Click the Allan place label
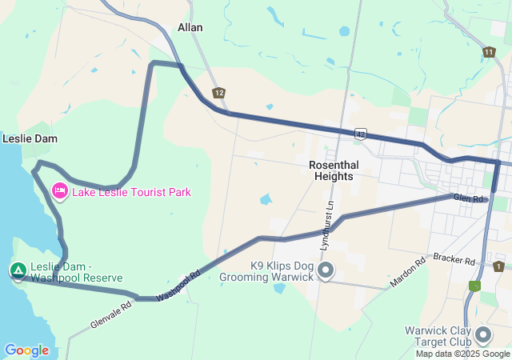[x=190, y=27]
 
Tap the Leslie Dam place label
[x=30, y=138]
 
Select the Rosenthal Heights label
[x=334, y=170]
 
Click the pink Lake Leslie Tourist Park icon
[x=59, y=191]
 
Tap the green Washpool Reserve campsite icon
[x=18, y=270]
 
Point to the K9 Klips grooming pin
[x=325, y=271]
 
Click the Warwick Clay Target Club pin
[x=483, y=334]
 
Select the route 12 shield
[x=219, y=93]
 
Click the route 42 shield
[x=361, y=134]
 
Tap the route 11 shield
[x=489, y=52]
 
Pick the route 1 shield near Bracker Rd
[x=498, y=266]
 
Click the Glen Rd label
[x=469, y=198]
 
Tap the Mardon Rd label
[x=408, y=274]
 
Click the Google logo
[x=26, y=350]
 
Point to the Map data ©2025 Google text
[x=462, y=354]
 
